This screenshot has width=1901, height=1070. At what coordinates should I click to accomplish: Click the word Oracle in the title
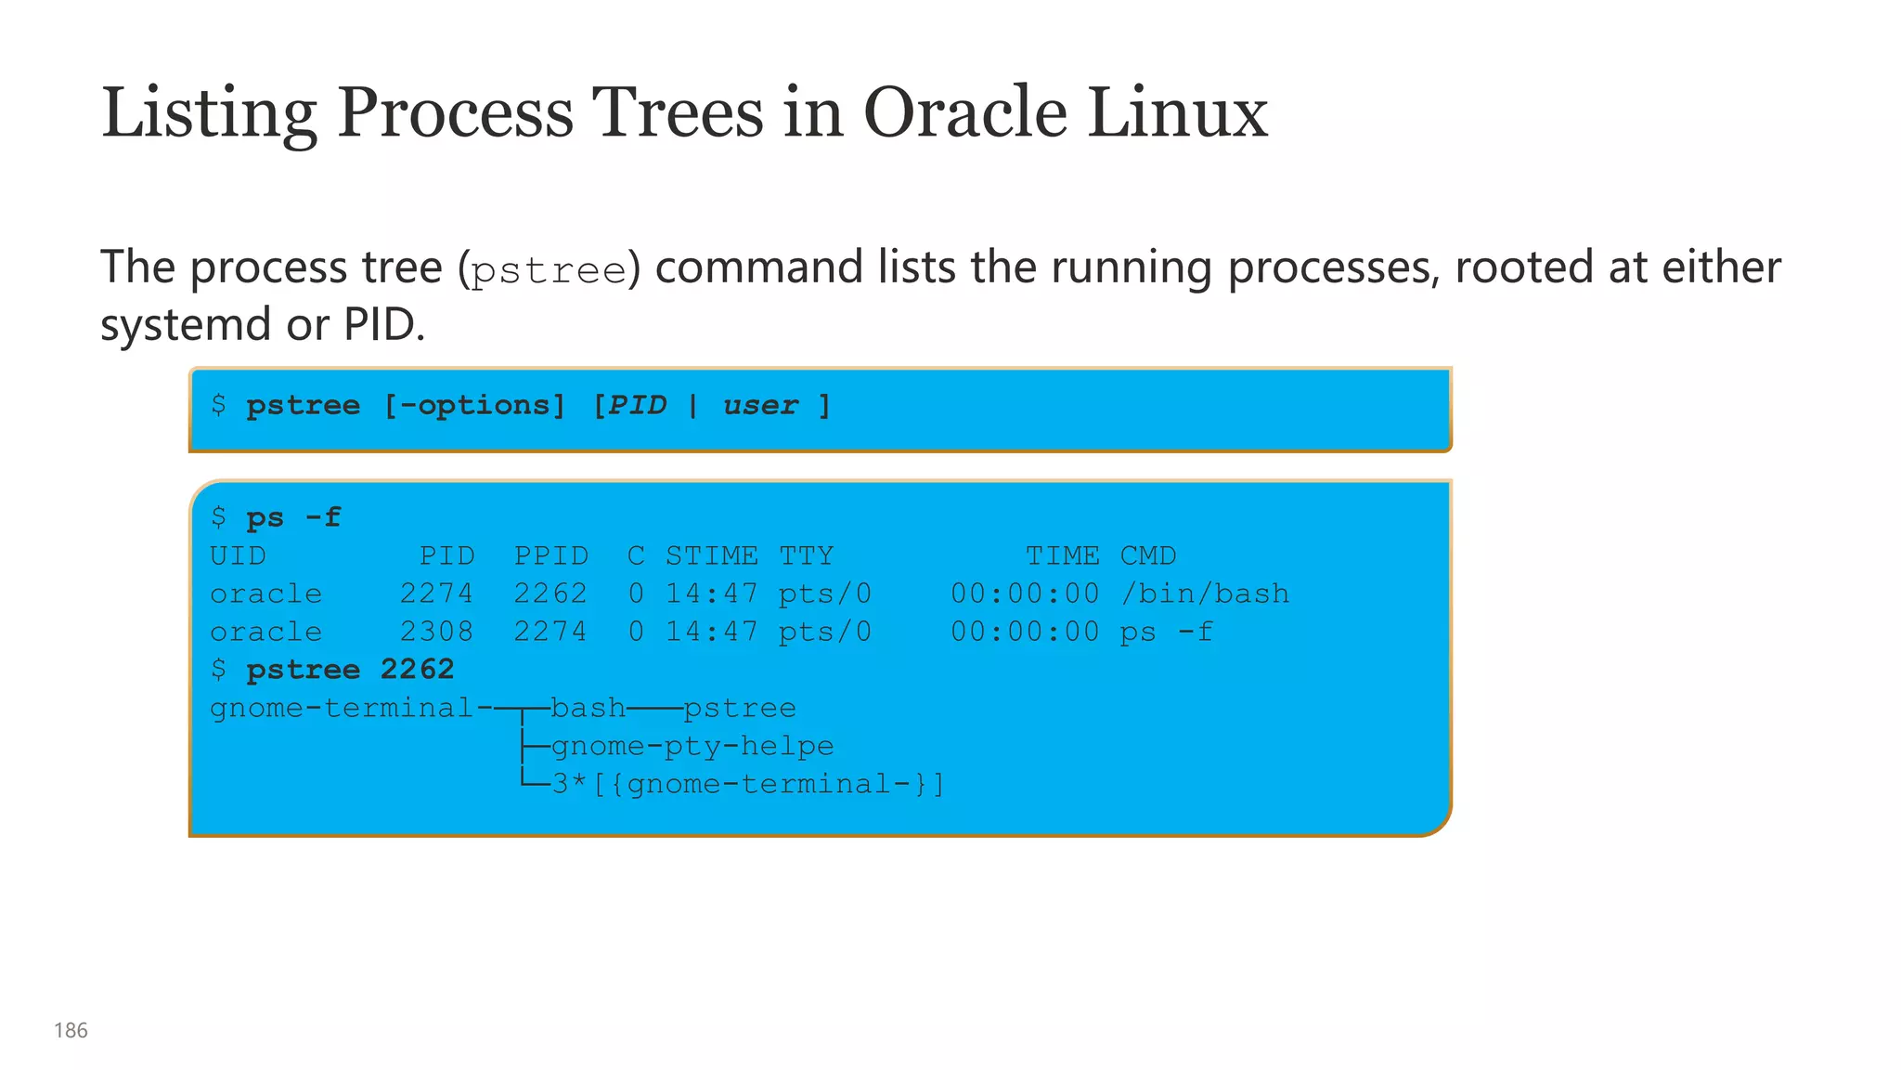click(x=964, y=112)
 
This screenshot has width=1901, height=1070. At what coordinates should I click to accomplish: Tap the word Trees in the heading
click(x=678, y=112)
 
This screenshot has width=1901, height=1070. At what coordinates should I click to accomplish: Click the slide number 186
click(x=71, y=1030)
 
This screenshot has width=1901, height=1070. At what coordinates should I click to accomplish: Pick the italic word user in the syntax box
click(x=760, y=405)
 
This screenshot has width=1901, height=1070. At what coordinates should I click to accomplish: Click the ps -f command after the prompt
click(x=293, y=517)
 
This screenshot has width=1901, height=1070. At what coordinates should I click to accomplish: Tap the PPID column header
click(x=551, y=555)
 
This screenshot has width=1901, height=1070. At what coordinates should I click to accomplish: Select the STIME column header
click(x=711, y=555)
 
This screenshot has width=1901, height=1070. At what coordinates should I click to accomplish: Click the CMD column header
click(x=1147, y=555)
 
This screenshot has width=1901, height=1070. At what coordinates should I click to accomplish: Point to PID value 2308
click(x=436, y=632)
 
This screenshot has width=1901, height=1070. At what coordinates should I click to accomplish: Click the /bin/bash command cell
click(x=1205, y=594)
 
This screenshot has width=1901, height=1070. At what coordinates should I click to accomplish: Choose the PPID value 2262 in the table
click(x=550, y=594)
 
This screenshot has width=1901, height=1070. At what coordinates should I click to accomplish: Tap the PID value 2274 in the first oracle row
click(x=436, y=594)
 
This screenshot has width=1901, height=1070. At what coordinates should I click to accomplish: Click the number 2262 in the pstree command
click(x=417, y=669)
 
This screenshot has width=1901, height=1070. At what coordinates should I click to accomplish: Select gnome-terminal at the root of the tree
click(x=342, y=708)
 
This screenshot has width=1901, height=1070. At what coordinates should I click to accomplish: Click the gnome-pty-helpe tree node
click(x=692, y=746)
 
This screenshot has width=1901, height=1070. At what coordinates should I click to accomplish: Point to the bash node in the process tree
click(x=588, y=708)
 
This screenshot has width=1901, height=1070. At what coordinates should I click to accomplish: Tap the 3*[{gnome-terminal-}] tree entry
click(x=748, y=784)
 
